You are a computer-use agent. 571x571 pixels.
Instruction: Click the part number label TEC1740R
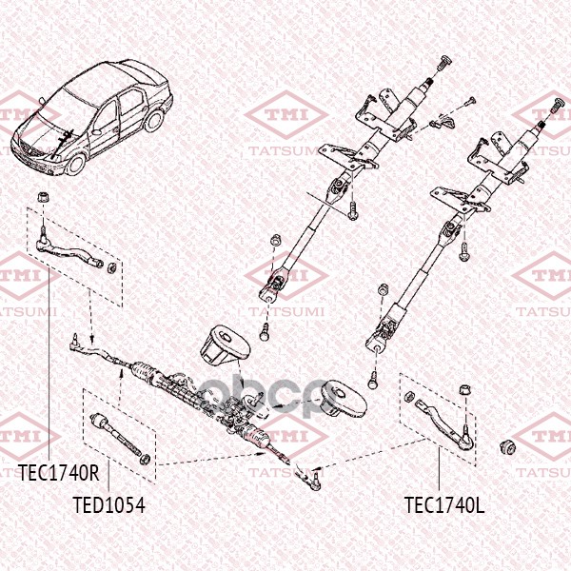(x=59, y=473)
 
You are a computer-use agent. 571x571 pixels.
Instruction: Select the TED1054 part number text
(x=108, y=504)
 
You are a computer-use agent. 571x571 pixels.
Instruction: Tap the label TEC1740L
(x=444, y=504)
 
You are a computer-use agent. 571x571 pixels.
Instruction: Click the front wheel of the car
(x=76, y=164)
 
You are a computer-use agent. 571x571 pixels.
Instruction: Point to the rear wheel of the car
(x=154, y=121)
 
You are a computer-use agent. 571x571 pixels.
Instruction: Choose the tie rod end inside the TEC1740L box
(x=445, y=423)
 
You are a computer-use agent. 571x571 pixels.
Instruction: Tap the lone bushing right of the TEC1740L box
(x=506, y=447)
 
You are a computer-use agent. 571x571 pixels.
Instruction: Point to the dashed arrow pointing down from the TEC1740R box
(x=90, y=316)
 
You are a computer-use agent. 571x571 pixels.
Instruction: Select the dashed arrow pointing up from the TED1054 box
(x=121, y=388)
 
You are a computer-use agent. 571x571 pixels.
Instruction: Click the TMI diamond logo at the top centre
(x=286, y=115)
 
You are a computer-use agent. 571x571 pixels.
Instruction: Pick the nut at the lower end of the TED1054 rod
(x=145, y=460)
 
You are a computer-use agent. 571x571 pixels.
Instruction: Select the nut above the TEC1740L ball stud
(x=465, y=390)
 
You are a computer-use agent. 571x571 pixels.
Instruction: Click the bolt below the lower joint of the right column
(x=372, y=380)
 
